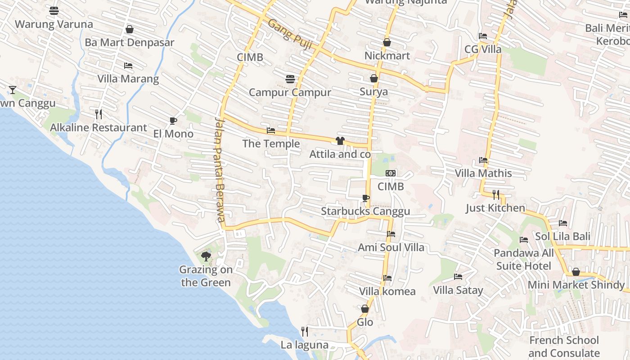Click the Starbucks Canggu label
coord(365,211)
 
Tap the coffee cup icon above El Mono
coord(173,121)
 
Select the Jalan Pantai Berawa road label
coord(219,170)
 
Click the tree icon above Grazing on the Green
coord(206,256)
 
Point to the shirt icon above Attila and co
coord(340,141)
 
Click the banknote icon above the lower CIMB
coord(391,173)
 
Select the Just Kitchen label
coord(495,208)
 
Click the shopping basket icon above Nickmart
coord(387,42)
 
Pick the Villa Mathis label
coord(483,173)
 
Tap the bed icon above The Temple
coord(271,130)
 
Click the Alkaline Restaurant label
coord(98,128)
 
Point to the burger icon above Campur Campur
coord(290,79)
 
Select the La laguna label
coord(304,345)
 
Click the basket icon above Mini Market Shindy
coord(576,272)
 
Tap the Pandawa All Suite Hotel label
coord(523,259)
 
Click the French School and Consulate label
coord(564,346)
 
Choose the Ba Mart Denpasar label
coord(129,43)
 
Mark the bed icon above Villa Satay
coord(458,277)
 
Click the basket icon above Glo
coord(365,309)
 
